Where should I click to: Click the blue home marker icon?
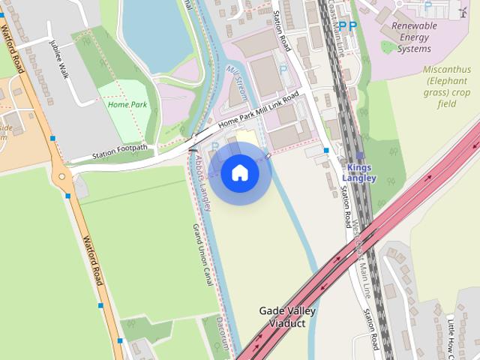240,173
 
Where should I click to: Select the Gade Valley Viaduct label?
287,316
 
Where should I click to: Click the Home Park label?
127,105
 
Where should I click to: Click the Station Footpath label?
119,153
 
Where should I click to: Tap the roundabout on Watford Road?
61,178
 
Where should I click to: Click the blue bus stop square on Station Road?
326,150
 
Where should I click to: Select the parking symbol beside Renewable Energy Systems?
428,6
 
